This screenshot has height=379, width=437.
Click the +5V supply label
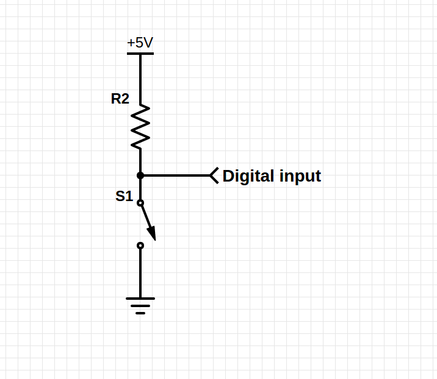pyautogui.click(x=140, y=43)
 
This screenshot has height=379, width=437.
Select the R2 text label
pyautogui.click(x=120, y=99)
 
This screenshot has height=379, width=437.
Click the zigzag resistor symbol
pyautogui.click(x=140, y=127)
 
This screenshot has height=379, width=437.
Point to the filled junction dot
pyautogui.click(x=140, y=175)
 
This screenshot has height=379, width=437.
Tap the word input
pyautogui.click(x=300, y=177)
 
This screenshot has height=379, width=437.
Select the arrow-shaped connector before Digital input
pyautogui.click(x=214, y=175)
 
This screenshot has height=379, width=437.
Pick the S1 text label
pyautogui.click(x=124, y=196)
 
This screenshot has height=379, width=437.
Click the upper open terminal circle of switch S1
pyautogui.click(x=140, y=203)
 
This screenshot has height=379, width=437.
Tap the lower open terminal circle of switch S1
pyautogui.click(x=140, y=246)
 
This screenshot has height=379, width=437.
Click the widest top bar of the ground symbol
pyautogui.click(x=140, y=299)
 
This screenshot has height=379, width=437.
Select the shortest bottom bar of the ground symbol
pyautogui.click(x=140, y=313)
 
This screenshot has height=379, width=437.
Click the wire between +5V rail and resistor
pyautogui.click(x=140, y=79)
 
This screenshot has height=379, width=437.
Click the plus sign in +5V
pyautogui.click(x=131, y=44)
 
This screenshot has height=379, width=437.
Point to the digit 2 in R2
pyautogui.click(x=125, y=99)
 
